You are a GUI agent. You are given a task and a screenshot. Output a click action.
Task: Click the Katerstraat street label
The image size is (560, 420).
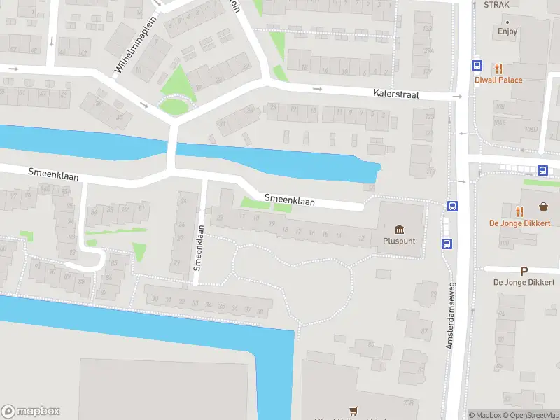coord(395,94)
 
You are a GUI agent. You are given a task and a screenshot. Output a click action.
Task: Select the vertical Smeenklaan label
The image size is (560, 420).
coord(198,247)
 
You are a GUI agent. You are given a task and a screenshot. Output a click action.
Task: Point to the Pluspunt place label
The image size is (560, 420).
coord(399,241)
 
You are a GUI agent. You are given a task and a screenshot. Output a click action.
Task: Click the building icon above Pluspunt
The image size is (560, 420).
coord(399,229)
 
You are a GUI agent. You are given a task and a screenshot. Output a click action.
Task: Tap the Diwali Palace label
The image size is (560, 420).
coord(498,80)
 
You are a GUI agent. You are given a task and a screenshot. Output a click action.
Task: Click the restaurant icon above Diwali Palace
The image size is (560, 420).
coord(498,69)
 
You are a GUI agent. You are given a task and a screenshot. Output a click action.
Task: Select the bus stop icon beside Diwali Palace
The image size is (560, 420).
coord(477,66)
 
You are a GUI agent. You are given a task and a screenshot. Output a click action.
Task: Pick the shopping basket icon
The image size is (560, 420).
coord(543,206)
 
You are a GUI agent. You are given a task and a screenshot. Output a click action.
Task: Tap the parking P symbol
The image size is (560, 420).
coord(523,271)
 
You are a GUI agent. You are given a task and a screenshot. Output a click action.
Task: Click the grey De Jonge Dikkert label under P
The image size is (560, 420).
coord(524,282)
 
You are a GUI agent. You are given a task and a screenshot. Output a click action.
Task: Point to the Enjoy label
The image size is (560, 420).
coord(507,31)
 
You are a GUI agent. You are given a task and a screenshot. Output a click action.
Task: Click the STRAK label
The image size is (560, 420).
coord(496,4)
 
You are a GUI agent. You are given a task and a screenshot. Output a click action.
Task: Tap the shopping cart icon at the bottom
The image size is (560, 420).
coord(353,411)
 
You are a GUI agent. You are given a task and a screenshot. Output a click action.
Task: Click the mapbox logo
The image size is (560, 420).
coord(31,412)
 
